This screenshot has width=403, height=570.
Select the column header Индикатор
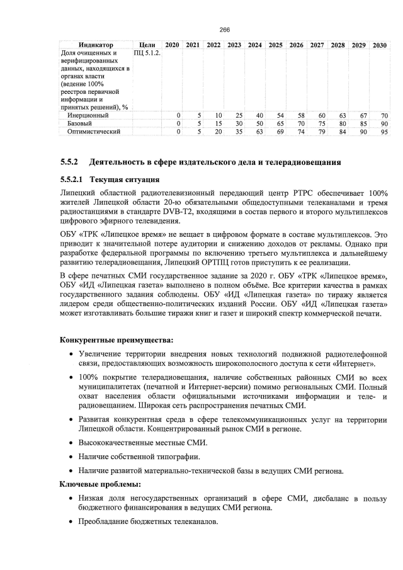coord(96,45)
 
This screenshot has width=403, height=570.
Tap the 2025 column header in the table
coord(275,45)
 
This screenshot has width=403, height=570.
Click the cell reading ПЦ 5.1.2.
coord(147,54)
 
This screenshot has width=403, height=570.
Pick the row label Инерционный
coord(88,115)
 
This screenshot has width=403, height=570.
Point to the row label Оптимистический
coord(94,132)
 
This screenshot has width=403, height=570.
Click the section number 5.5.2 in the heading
coord(71,162)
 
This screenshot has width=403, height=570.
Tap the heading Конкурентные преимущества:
coord(112,341)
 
